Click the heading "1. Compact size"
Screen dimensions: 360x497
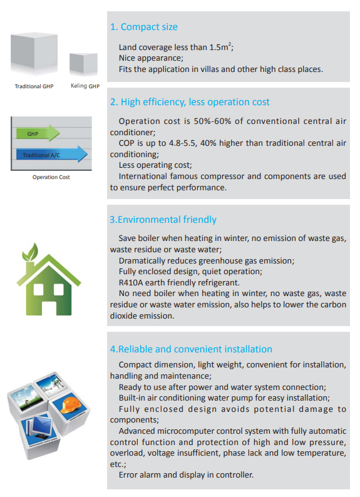point(143,27)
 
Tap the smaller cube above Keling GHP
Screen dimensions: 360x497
point(83,64)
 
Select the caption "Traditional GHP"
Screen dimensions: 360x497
point(34,86)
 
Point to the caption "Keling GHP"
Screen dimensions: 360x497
point(85,86)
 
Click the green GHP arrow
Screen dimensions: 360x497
point(38,133)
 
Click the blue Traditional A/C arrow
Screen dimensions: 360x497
point(52,155)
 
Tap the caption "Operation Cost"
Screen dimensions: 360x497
point(51,177)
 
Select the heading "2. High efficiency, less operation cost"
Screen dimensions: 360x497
point(190,102)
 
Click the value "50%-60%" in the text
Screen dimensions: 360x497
point(212,121)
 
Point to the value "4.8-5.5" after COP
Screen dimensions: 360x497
point(182,143)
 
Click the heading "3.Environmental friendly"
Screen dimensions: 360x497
point(163,220)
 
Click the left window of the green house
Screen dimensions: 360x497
point(38,289)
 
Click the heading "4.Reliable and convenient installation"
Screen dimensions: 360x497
point(191,349)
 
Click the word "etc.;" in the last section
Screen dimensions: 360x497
point(118,464)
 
